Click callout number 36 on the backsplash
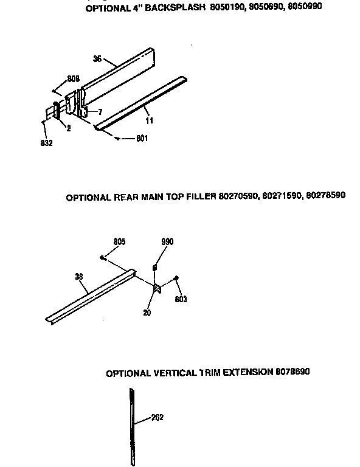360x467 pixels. coord(97,59)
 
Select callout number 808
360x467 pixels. coord(74,78)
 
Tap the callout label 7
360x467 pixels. coord(100,111)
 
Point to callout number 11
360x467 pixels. coord(150,120)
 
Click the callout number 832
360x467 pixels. coord(47,143)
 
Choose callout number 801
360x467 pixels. coord(142,139)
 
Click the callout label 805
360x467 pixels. coord(119,241)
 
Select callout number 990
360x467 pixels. coord(167,241)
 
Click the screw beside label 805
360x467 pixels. coord(104,258)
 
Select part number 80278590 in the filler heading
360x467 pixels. coord(326,196)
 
